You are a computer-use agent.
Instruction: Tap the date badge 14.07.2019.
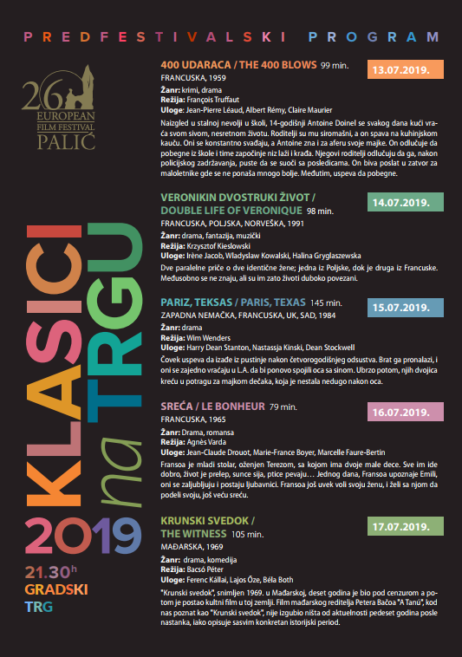406,202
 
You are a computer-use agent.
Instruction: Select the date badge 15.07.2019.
406,307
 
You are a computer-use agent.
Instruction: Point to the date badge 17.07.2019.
406,526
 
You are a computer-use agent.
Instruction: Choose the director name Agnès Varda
205,441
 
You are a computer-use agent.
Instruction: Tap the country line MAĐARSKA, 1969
193,549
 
